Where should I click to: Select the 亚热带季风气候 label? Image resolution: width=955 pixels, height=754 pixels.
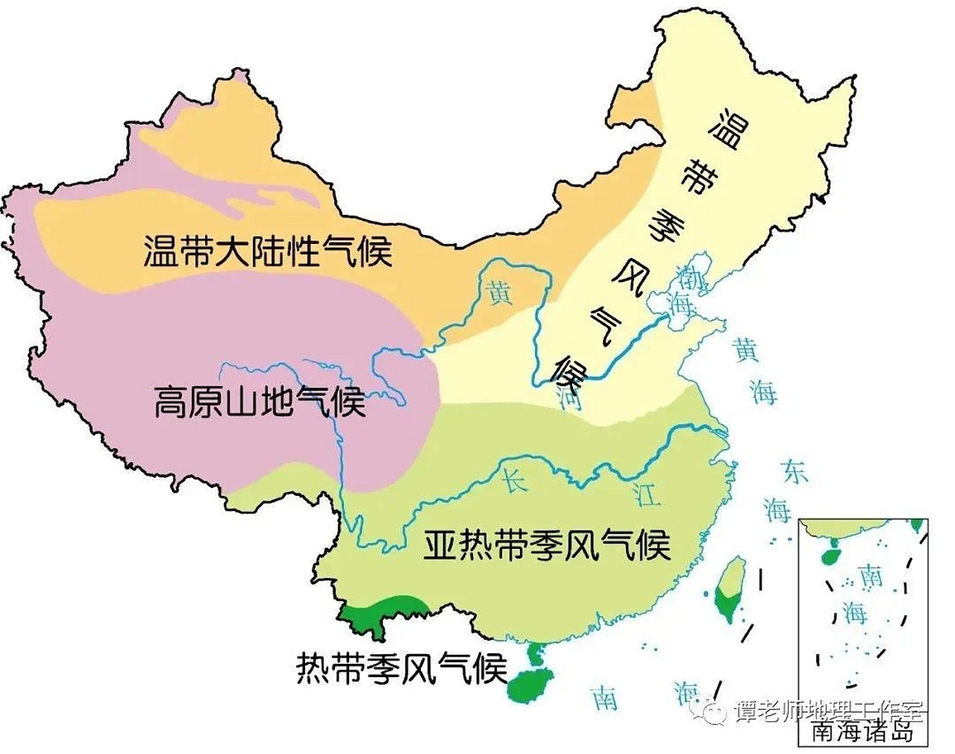point(547,545)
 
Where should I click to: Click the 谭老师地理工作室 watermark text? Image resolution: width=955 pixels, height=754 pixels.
point(828,711)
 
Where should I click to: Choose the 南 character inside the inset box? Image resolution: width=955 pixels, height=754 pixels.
point(871,576)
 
